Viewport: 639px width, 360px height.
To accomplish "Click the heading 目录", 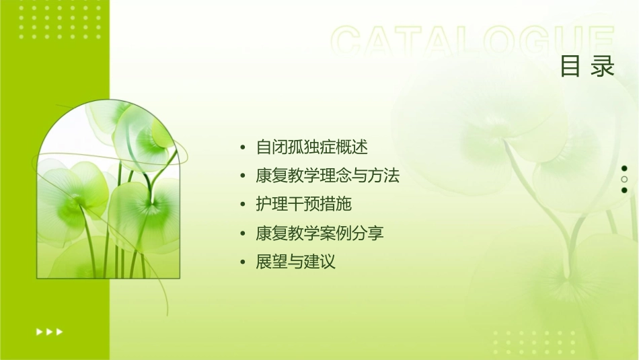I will coord(587,67).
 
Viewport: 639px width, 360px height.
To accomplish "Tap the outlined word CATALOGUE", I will coord(473,41).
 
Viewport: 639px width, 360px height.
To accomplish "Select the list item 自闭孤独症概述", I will coord(312,147).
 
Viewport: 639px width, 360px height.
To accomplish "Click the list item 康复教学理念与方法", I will coord(328,176).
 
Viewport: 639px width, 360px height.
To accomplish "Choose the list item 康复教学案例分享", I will coord(319,233).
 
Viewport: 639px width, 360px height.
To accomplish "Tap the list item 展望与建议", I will coord(295,262).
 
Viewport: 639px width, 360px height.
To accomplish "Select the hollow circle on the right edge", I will coord(624,179).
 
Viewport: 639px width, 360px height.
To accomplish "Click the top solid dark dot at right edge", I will coord(624,168).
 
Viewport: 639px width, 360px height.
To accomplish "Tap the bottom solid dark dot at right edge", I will coord(624,190).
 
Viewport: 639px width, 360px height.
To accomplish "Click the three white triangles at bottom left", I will coord(49,332).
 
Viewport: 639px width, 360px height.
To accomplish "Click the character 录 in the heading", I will coord(603,67).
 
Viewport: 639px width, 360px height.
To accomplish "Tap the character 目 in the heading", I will coord(570,67).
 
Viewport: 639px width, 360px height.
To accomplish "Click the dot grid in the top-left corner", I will coord(60,21).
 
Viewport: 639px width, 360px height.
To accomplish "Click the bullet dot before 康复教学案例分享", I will coord(243,234).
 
